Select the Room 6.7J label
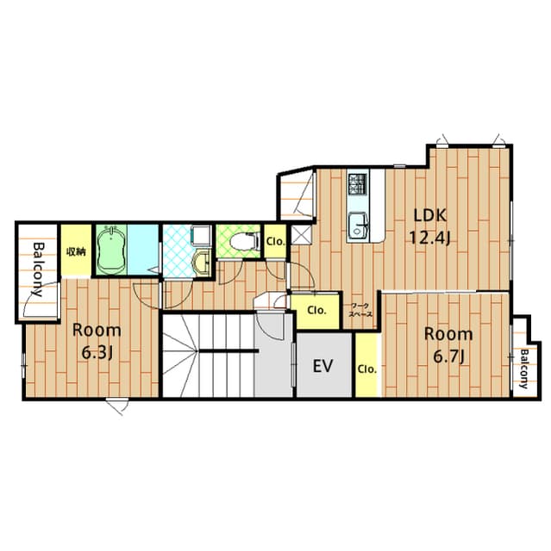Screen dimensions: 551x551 coord(448,344)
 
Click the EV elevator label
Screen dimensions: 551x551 coord(322,367)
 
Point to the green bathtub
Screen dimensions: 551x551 coord(110,251)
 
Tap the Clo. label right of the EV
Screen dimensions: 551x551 coord(366,369)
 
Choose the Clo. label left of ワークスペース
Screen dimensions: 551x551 coord(316,309)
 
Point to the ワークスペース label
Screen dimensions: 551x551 coord(360,311)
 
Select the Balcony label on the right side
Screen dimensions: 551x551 coord(523,368)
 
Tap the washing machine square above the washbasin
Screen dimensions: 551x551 coord(201,238)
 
